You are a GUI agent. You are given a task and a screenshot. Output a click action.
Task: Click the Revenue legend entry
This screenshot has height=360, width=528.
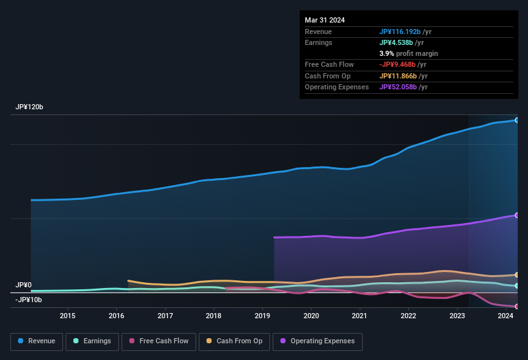click(x=37, y=341)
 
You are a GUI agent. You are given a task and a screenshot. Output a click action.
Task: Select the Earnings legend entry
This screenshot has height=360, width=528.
click(x=92, y=341)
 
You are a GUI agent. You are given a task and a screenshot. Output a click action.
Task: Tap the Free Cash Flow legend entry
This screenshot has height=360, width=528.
click(x=159, y=341)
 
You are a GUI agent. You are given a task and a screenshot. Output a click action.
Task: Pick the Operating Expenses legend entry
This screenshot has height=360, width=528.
click(x=318, y=341)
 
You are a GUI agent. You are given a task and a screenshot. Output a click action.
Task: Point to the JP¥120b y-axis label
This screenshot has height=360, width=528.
click(x=29, y=107)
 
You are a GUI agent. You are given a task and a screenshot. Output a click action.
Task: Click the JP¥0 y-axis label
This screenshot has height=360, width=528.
click(x=24, y=285)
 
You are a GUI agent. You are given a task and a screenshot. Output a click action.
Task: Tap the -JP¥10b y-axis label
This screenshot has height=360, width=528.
click(x=29, y=300)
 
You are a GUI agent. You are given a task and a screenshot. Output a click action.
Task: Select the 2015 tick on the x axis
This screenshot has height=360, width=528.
click(x=68, y=316)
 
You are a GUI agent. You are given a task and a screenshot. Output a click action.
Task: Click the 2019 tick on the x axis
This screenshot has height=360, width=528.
click(x=262, y=316)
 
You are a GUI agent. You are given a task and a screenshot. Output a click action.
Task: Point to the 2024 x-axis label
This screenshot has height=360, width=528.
click(x=505, y=316)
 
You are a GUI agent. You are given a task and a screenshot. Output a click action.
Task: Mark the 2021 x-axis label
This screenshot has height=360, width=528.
click(x=360, y=316)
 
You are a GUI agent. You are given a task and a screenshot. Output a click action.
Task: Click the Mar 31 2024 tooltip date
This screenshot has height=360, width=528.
click(x=325, y=20)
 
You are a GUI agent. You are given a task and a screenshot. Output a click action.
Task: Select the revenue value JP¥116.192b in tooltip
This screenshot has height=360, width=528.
click(x=400, y=32)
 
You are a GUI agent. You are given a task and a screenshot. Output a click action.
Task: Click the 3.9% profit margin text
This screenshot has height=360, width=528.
click(x=408, y=53)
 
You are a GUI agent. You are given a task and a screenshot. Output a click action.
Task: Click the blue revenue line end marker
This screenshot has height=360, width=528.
click(x=516, y=120)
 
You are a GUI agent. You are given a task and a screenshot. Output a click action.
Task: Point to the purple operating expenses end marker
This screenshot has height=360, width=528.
click(x=516, y=215)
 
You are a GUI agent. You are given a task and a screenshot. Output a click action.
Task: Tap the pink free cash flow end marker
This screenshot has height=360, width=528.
click(x=516, y=307)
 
